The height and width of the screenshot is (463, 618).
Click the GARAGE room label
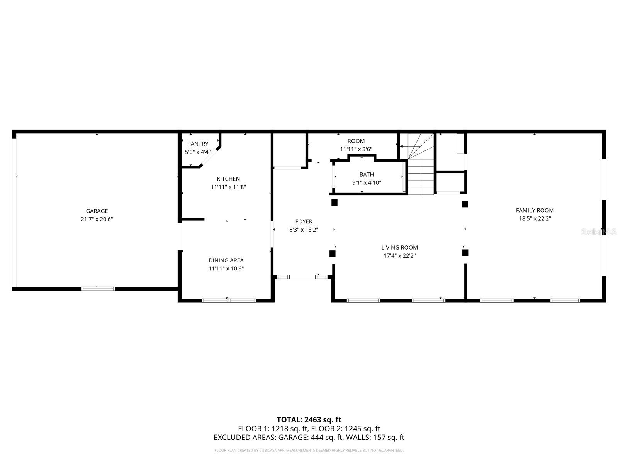[97, 211]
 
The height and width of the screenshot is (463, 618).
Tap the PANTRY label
[198, 144]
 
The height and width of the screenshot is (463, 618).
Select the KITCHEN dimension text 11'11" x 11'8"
[228, 187]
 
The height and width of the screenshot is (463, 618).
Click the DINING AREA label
[226, 260]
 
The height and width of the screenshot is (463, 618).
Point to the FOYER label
[304, 221]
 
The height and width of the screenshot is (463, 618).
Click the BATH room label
[367, 175]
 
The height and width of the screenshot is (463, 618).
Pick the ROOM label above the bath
[356, 141]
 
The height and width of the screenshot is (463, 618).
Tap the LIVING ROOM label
[399, 248]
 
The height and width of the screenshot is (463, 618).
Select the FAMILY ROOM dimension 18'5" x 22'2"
[535, 219]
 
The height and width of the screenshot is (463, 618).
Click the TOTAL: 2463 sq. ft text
[309, 420]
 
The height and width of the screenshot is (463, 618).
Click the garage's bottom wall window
[98, 288]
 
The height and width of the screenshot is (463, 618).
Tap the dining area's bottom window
[229, 300]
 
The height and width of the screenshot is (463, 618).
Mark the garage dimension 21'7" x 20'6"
[97, 219]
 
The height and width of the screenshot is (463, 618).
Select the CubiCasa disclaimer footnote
[309, 450]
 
